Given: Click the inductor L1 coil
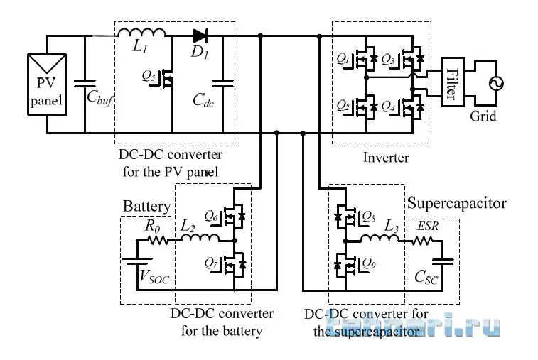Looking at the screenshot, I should [141, 32].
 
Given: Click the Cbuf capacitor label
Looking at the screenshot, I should [99, 99].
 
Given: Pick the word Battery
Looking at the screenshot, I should [147, 207].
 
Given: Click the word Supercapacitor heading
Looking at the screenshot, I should [456, 204].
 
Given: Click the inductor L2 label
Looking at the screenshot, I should [188, 227].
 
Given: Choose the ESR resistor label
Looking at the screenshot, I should [428, 227].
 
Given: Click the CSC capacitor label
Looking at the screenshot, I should [426, 277].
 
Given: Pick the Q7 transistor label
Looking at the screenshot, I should [211, 265].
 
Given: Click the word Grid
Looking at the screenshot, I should [483, 116].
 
